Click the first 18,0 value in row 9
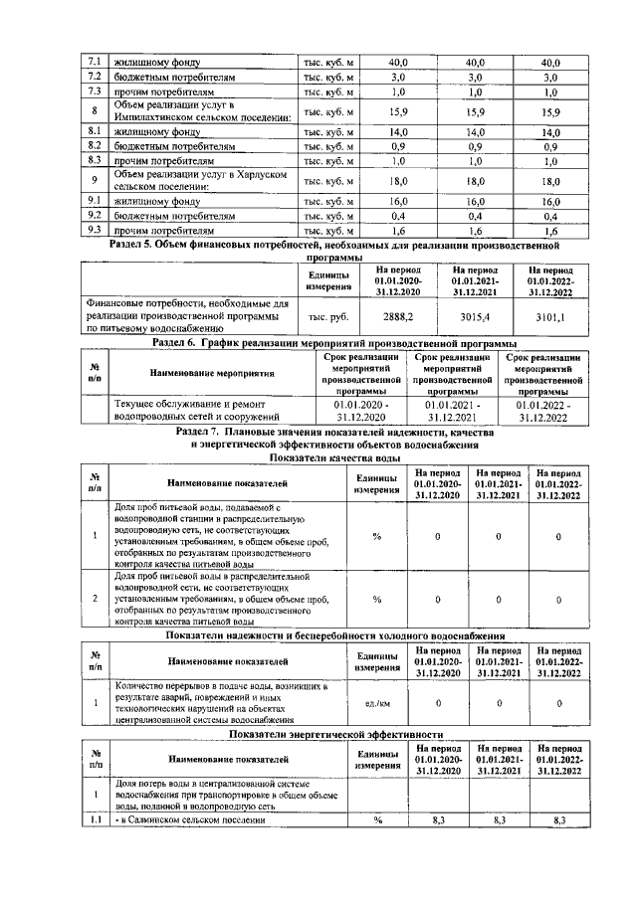(x=397, y=181)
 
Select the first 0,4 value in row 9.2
(x=397, y=215)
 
